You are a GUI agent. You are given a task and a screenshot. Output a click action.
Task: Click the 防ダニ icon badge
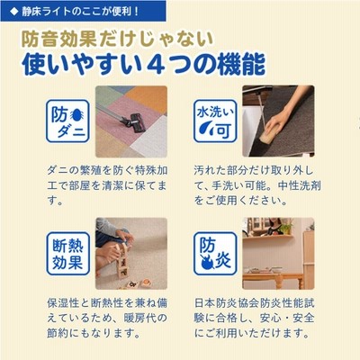coord(67,121)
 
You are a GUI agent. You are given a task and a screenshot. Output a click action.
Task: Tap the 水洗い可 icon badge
coord(215,121)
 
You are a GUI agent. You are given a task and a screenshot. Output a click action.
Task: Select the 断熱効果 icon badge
coord(68,254)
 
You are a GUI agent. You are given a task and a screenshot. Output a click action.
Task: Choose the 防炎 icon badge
coord(215,254)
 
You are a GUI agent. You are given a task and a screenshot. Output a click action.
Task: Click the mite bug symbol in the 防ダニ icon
coord(76,115)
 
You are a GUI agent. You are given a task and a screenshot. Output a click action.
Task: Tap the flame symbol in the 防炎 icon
coord(207,263)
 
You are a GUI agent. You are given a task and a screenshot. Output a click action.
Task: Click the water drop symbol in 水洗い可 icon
coord(207,130)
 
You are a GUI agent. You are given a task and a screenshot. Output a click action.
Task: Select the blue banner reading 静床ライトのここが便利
coord(83,11)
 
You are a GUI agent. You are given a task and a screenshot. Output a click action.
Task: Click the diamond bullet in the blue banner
coord(13,12)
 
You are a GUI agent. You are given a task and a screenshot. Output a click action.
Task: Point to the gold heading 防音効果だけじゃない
coord(117,40)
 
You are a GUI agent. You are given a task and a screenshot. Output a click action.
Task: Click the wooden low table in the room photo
coord(273,280)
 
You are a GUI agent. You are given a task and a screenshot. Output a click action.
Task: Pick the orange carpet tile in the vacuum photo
coord(147,98)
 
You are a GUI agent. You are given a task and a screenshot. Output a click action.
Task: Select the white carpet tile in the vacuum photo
coord(149,137)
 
